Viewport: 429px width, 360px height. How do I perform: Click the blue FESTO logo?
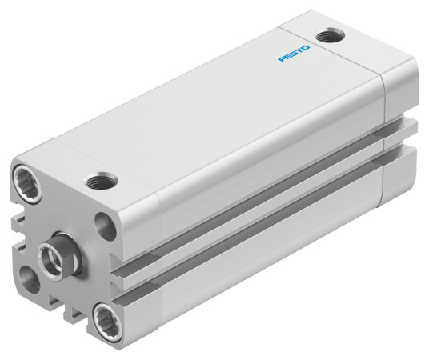(x=295, y=54)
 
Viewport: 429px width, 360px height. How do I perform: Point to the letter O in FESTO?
(x=307, y=48)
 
